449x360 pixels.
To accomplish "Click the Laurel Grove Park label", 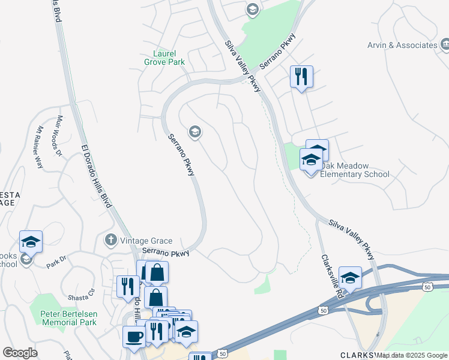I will point(164,58).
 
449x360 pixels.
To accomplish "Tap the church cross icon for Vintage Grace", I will point(110,240).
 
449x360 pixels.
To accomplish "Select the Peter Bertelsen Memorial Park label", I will point(68,317).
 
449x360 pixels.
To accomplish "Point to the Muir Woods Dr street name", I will point(59,136).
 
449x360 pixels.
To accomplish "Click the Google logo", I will point(20,353).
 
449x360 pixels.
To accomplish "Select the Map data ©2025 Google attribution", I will point(412,355).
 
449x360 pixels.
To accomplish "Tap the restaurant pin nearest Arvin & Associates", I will point(301,76).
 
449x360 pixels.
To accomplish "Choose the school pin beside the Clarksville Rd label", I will point(349,277).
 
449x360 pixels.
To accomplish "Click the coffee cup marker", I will point(133,336).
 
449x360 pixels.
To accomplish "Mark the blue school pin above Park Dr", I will point(31,241).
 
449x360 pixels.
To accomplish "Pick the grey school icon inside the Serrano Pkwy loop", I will point(194,131).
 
